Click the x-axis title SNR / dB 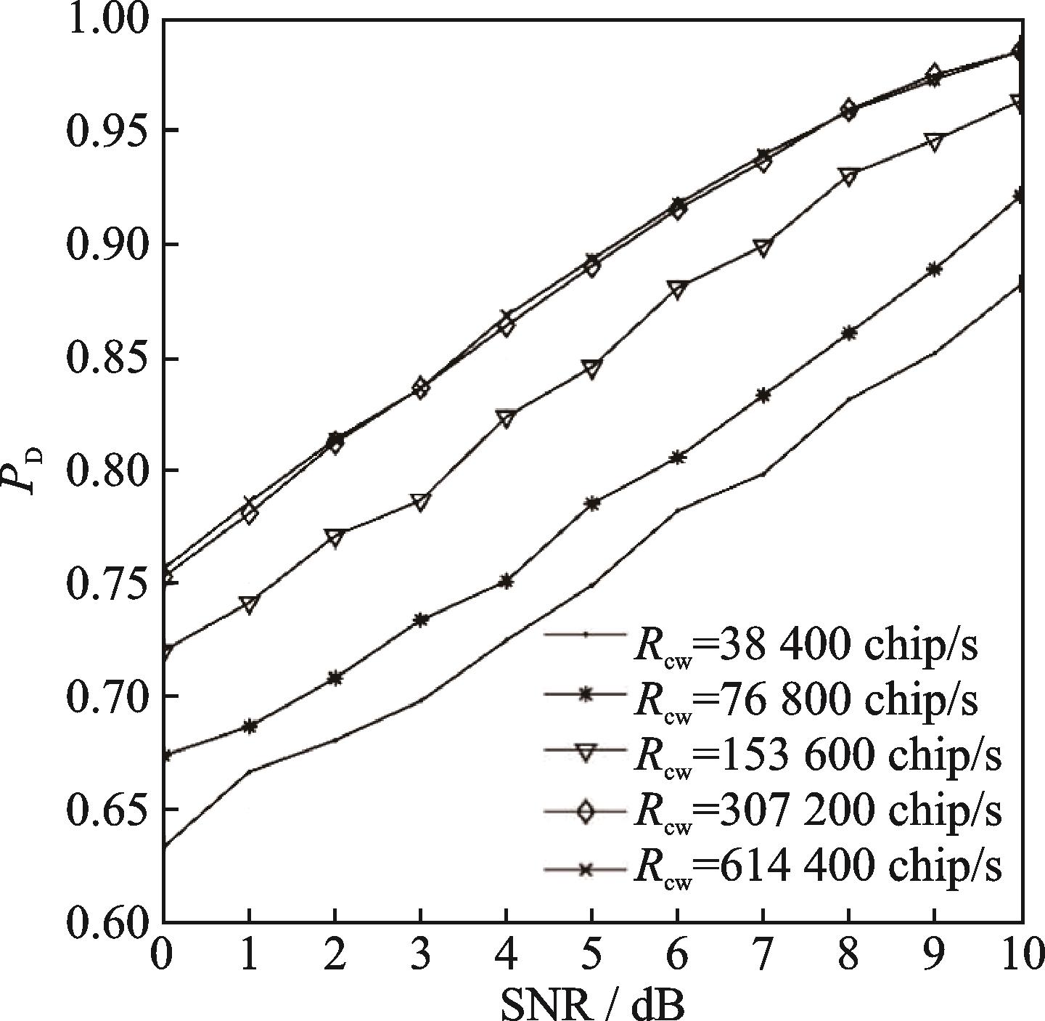point(591,1004)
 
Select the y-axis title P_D point(29,471)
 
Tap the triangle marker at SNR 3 point(420,502)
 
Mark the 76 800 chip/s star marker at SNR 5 point(592,503)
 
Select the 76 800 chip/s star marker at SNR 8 point(849,333)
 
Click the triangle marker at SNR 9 point(935,142)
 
